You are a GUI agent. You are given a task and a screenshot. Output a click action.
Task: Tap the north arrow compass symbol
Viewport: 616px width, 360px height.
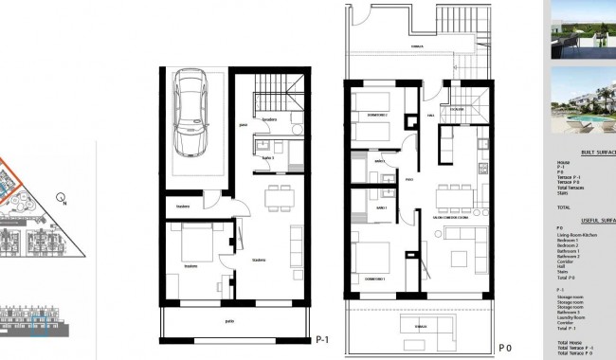pos(60,198)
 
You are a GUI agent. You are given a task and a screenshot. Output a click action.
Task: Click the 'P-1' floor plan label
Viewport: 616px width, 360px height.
pos(322,340)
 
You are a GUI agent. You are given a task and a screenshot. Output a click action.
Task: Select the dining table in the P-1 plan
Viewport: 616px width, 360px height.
pos(280,198)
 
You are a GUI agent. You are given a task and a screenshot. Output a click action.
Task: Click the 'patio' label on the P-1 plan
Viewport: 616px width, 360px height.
pos(229,321)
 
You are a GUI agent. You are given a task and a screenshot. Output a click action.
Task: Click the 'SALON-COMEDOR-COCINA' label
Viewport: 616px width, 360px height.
pos(455,219)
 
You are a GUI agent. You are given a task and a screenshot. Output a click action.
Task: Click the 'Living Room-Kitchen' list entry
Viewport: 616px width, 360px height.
pos(578,234)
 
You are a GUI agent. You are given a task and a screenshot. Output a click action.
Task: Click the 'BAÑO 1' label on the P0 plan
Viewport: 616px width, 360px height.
pos(379,207)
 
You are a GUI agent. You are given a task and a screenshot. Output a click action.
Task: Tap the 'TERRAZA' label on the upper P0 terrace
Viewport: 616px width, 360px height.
pos(416,43)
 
